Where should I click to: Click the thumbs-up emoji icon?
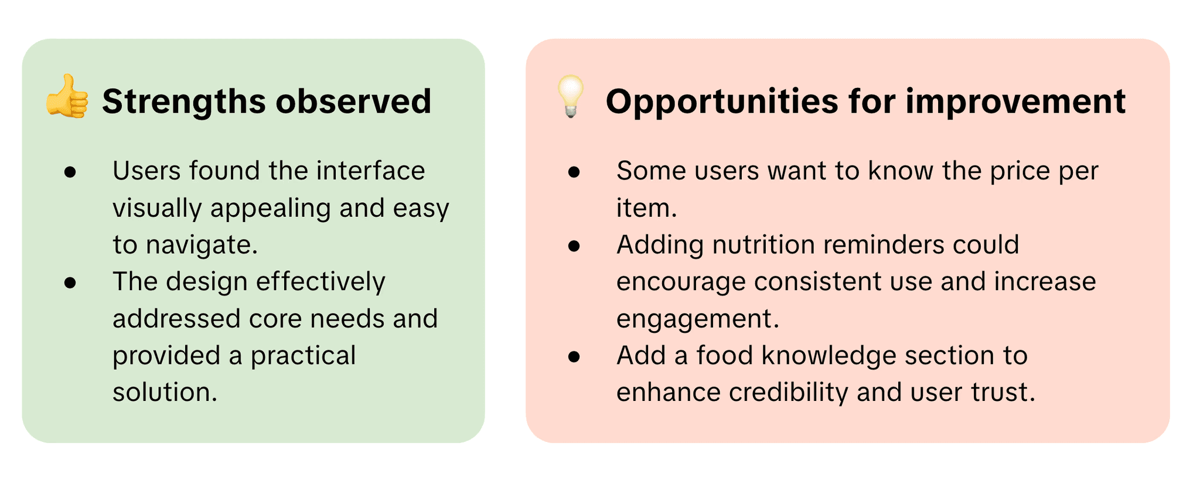click(67, 97)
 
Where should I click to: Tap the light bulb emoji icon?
click(570, 97)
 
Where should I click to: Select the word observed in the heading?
click(353, 101)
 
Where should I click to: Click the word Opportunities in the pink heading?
click(722, 102)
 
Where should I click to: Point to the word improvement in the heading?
click(1015, 102)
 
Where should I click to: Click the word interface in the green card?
click(370, 171)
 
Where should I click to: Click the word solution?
click(165, 392)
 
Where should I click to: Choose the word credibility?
click(789, 393)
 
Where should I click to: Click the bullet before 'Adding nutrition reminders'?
click(574, 246)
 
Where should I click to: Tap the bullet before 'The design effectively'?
click(70, 283)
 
